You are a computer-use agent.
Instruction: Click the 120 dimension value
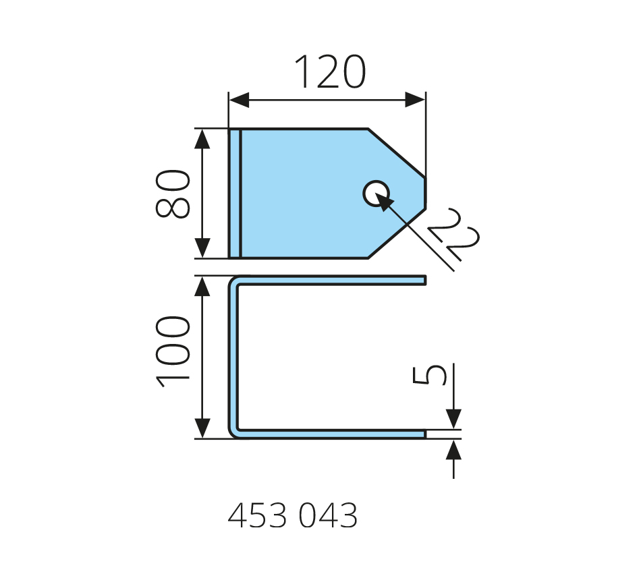click(329, 71)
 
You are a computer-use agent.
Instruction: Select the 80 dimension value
click(173, 194)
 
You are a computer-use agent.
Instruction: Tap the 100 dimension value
click(173, 351)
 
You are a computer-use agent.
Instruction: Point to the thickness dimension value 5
click(430, 374)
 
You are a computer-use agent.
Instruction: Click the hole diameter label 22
click(453, 235)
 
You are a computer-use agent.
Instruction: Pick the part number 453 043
click(293, 515)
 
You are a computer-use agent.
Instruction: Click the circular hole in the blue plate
click(376, 194)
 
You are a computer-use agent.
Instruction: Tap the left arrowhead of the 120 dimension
click(239, 100)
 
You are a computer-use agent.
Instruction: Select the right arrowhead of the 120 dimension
click(415, 100)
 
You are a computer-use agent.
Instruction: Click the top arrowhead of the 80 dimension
click(202, 138)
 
